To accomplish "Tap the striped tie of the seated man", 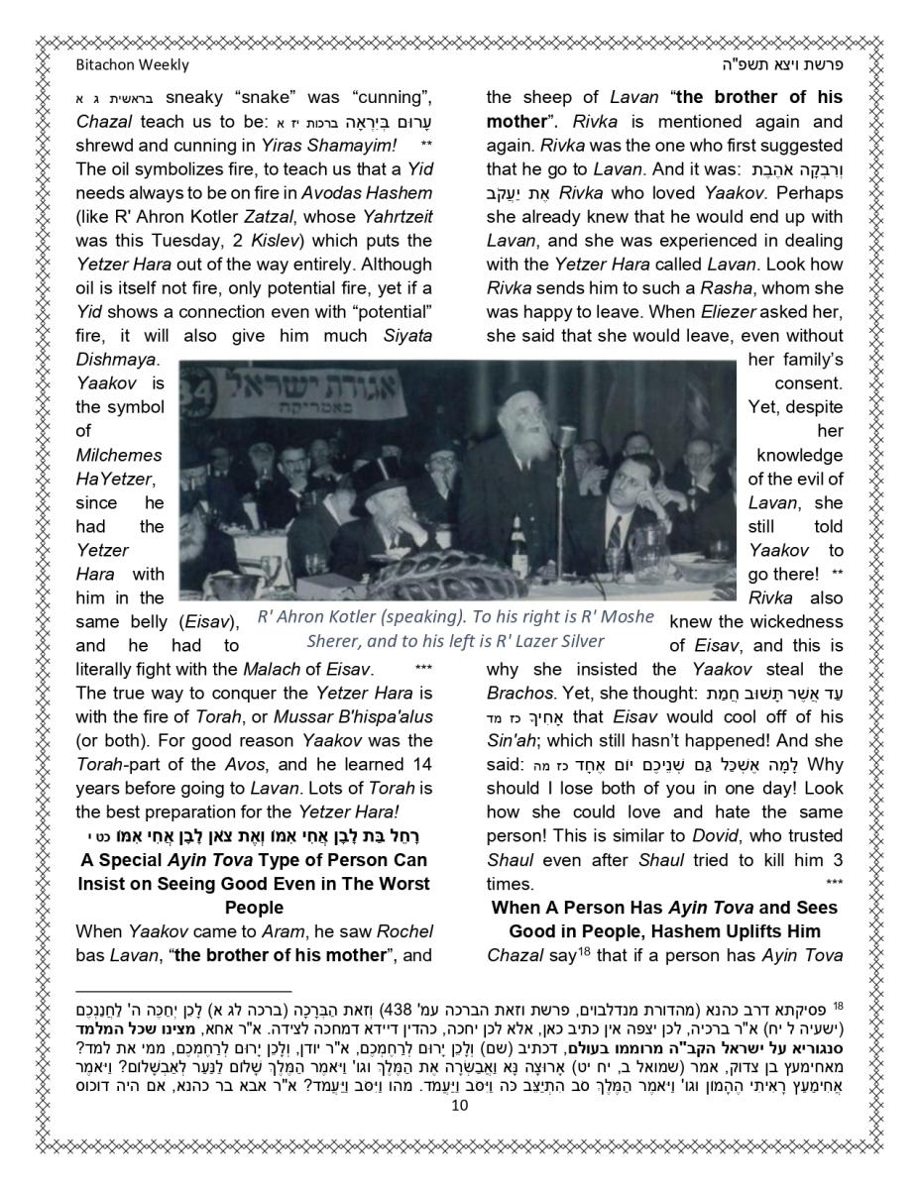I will coord(616,536).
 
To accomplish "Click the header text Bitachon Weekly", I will coord(132,65).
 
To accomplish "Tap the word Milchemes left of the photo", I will coord(118,455).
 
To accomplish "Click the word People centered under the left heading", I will coord(254,908).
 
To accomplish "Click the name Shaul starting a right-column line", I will coord(510,860).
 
